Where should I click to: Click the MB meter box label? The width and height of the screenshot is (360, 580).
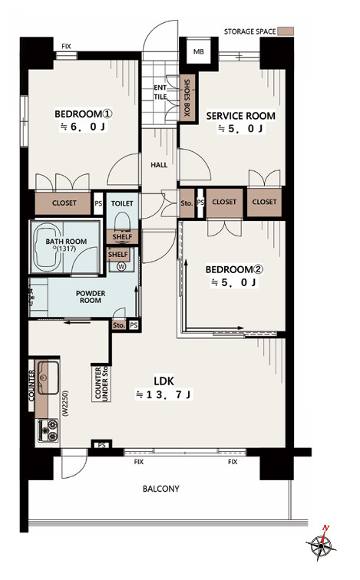pos(199,52)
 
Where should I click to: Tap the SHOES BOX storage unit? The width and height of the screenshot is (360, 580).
pos(187,97)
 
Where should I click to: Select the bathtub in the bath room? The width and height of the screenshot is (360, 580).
pos(47,246)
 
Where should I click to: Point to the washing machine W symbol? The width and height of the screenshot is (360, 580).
pos(121,266)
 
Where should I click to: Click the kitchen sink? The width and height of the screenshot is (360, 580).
pos(48,377)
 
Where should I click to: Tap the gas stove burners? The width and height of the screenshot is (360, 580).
pos(48,430)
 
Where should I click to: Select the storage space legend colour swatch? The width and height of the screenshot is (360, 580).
pos(286,31)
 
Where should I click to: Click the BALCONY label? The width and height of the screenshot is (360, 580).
pos(161,489)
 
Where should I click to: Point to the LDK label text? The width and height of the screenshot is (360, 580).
pos(163,381)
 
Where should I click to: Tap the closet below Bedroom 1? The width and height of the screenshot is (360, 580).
pos(63,203)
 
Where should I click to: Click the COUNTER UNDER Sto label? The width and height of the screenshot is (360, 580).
pos(101,384)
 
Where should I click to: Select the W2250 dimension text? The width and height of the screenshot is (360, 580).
pos(65,404)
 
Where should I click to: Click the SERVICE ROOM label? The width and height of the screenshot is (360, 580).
pos(241,116)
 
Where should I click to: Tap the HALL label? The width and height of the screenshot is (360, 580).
pos(159,165)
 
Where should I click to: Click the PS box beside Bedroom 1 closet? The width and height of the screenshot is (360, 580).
pos(98,203)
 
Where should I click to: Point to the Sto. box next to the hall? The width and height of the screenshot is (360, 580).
pos(187,203)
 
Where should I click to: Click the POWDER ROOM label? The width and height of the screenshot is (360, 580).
pos(91,297)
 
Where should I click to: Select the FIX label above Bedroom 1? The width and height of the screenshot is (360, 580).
pos(66,46)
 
